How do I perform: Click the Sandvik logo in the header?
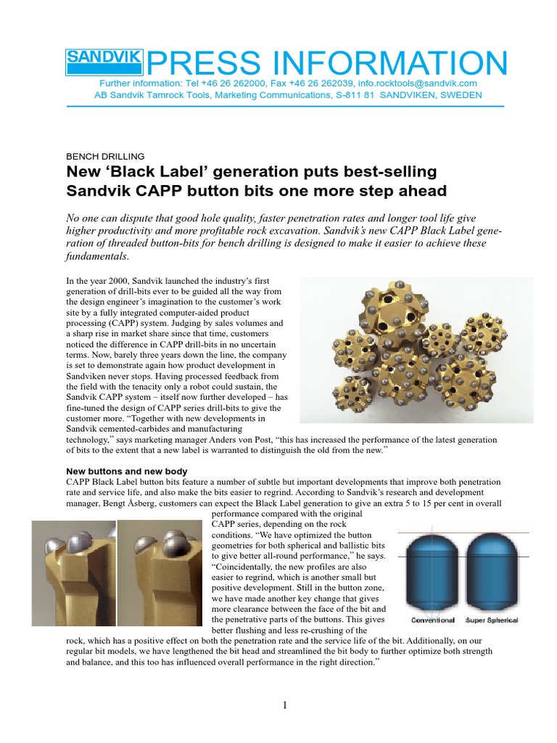tap(104, 62)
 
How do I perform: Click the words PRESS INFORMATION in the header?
tap(326, 64)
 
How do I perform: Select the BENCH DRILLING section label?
tap(105, 156)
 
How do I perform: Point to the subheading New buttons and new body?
tap(127, 471)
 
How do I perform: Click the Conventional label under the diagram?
tap(433, 620)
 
